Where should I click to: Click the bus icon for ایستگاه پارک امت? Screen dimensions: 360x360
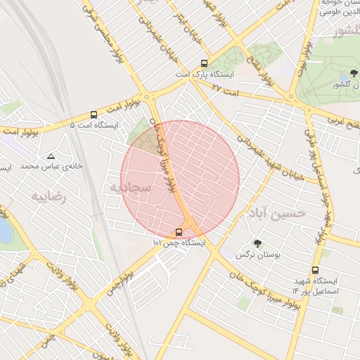tap(204, 63)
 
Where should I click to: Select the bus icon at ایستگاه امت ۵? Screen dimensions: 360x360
tap(94, 115)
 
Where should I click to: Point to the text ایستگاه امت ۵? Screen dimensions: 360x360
tap(94, 125)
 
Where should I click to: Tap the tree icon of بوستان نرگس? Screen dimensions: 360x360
tap(257, 245)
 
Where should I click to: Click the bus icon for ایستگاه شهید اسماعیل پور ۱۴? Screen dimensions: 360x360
tap(315, 270)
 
